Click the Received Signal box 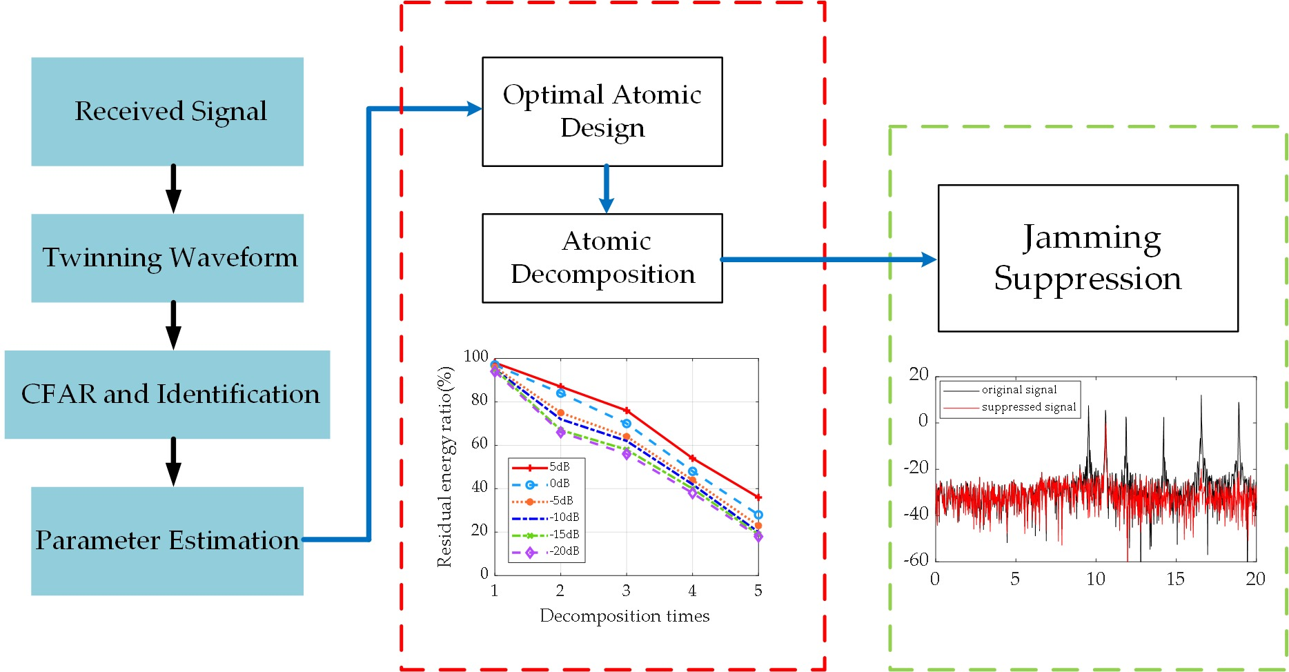(167, 111)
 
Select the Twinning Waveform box (167, 257)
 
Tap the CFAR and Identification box (167, 394)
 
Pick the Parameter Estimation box (167, 540)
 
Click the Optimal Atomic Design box (602, 111)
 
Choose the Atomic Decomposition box (602, 257)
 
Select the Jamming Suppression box (1088, 257)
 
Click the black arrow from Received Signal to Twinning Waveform (173, 189)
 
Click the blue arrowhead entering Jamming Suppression (928, 259)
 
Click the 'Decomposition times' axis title (624, 615)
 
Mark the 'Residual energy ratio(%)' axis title (445, 466)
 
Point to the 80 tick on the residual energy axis (479, 400)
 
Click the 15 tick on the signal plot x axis (1175, 579)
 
